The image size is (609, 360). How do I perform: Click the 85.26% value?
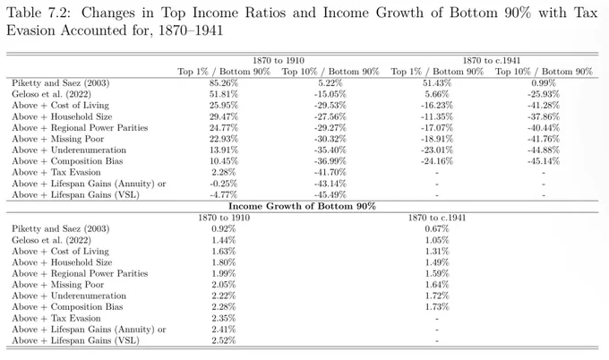point(224,83)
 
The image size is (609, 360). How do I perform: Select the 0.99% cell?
point(544,83)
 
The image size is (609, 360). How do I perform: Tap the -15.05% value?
point(330,94)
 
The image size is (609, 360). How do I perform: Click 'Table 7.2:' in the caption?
point(39,13)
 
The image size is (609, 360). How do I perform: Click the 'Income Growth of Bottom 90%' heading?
point(302,206)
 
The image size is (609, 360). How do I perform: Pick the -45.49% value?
point(330,195)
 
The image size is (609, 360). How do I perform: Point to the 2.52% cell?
point(224,340)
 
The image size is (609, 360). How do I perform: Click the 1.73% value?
point(437,307)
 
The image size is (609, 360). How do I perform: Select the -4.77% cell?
point(224,195)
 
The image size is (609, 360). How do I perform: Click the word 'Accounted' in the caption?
point(93,30)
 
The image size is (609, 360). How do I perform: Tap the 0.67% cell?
point(437,228)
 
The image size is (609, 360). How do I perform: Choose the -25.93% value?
point(544,94)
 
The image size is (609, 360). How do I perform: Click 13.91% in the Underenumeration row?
point(224,150)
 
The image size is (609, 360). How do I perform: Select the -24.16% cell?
point(437,161)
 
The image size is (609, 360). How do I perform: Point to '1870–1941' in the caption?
point(191,30)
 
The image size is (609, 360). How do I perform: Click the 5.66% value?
point(437,94)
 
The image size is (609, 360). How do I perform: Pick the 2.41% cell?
point(224,330)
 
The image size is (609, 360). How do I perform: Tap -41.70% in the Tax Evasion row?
point(330,173)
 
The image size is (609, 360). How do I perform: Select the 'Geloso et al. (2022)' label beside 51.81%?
point(51,94)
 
